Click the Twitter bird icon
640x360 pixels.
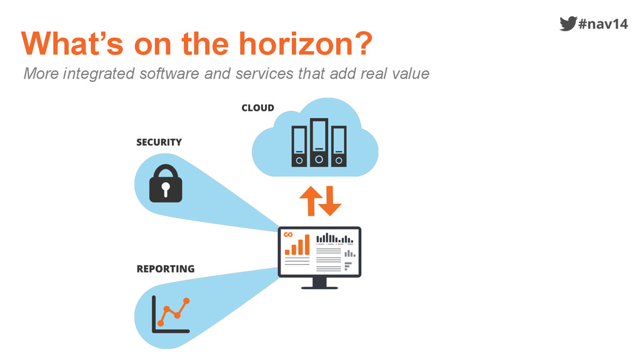click(567, 24)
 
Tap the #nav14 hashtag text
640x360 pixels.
click(603, 24)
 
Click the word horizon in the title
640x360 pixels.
click(299, 44)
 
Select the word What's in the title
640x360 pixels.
click(68, 44)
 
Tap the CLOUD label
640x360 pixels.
click(257, 108)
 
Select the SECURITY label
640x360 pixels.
click(159, 142)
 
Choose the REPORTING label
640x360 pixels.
click(165, 269)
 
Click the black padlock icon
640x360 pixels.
click(166, 184)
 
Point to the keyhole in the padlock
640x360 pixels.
click(166, 188)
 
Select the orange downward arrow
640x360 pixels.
click(331, 201)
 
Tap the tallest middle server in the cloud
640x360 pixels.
click(319, 142)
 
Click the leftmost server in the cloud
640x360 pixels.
click(299, 146)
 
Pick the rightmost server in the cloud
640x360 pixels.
click(339, 146)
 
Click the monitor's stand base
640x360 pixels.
click(319, 287)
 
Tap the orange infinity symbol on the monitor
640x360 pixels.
click(288, 234)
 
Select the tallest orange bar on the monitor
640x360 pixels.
click(306, 245)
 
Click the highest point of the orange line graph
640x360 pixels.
click(186, 301)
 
